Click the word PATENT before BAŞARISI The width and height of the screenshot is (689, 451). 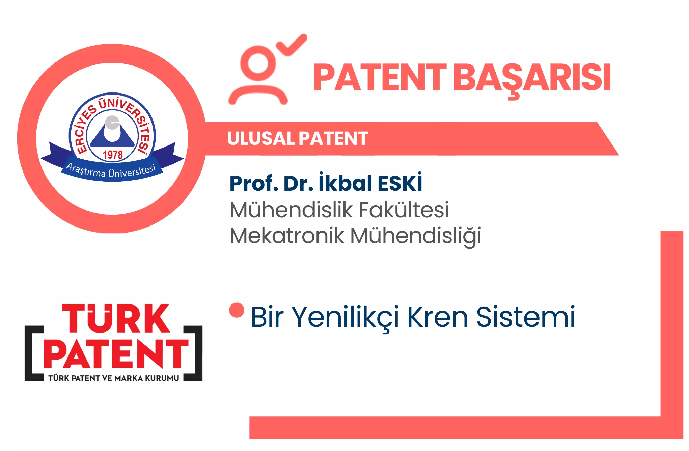[380, 78]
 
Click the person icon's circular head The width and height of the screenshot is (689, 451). [258, 63]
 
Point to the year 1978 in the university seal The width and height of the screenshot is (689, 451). [113, 155]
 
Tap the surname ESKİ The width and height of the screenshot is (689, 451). [400, 183]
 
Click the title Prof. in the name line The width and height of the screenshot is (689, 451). [254, 183]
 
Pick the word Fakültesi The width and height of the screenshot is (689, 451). [404, 210]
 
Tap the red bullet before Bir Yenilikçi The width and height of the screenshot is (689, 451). [237, 310]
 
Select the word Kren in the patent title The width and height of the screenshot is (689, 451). [438, 317]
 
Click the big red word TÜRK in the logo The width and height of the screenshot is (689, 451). [116, 318]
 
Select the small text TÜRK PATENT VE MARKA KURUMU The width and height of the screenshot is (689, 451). [114, 378]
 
